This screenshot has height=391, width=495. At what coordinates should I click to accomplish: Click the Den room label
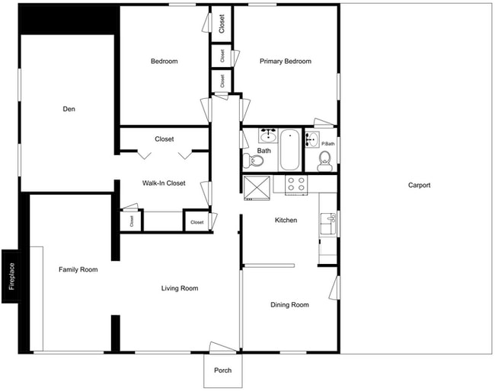69,109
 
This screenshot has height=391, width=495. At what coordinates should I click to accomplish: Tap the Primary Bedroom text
286,62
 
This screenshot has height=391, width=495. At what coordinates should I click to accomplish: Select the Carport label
419,185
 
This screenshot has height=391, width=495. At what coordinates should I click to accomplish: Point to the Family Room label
78,269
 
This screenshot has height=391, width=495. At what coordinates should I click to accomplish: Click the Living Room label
180,288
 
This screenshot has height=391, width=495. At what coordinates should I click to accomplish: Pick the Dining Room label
290,305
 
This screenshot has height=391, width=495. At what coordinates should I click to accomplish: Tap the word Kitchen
286,221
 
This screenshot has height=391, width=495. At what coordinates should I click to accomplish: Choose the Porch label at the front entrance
222,371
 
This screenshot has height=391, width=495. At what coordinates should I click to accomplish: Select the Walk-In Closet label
164,183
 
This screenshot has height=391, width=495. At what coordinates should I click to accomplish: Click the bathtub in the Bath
289,151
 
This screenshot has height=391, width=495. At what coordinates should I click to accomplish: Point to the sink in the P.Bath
311,139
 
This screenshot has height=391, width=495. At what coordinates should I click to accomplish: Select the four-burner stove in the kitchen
295,184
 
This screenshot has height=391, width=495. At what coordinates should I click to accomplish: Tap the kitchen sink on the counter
330,223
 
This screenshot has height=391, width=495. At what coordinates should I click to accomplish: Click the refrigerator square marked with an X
257,186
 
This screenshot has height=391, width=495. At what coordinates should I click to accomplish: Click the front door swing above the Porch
224,346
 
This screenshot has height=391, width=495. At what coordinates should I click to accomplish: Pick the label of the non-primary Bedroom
164,62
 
